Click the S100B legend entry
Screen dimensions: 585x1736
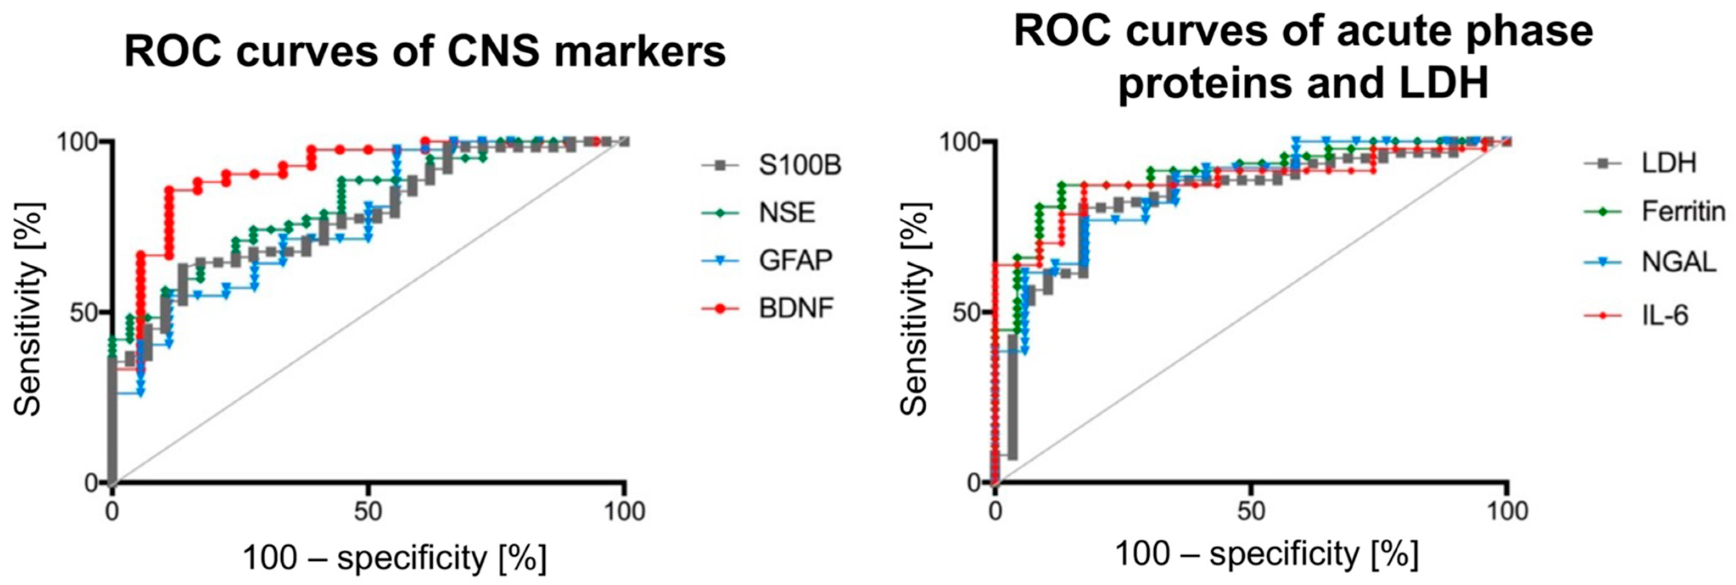coord(799,165)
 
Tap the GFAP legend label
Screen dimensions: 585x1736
coord(795,260)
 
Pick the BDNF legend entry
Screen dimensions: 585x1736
coord(796,308)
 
